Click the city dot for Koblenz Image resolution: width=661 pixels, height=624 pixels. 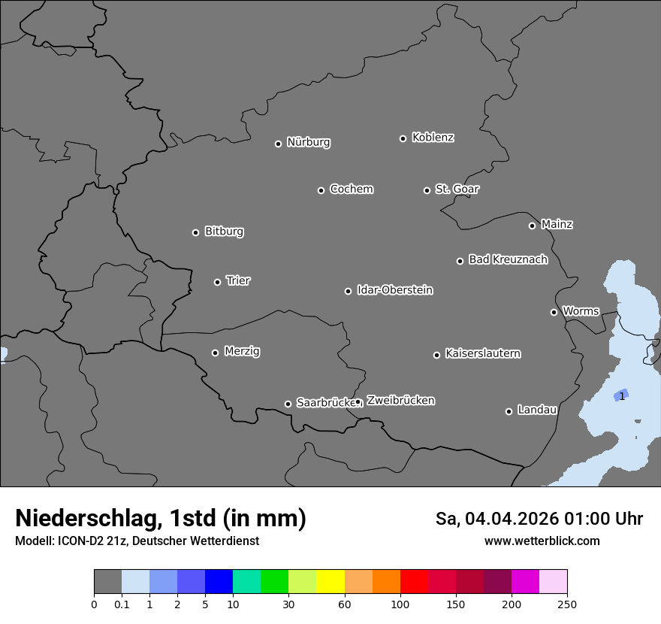(x=403, y=138)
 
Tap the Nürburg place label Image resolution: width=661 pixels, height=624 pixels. (x=309, y=142)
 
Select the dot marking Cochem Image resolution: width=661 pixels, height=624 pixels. (x=321, y=190)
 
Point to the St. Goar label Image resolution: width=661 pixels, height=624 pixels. (x=457, y=189)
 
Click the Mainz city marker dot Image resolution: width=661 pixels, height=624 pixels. (x=532, y=226)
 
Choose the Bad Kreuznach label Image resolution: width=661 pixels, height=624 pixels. (x=508, y=259)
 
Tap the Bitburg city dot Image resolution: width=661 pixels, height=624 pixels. (x=195, y=232)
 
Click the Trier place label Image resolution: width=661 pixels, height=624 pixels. (x=238, y=280)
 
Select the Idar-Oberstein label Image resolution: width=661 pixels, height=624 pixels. (x=394, y=289)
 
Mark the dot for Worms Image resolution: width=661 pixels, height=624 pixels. (x=554, y=312)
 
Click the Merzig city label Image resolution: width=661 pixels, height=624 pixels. (x=242, y=351)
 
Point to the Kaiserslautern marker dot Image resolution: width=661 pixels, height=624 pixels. (x=436, y=355)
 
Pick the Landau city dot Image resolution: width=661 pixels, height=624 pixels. (x=509, y=411)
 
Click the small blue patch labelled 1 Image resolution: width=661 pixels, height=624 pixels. (x=620, y=395)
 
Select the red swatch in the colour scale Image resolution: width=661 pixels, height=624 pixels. (x=414, y=582)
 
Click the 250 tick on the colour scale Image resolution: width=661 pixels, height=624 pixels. (x=567, y=604)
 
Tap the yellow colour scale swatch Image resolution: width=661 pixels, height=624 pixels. (x=330, y=582)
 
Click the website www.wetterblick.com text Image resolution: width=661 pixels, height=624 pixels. (x=542, y=541)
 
